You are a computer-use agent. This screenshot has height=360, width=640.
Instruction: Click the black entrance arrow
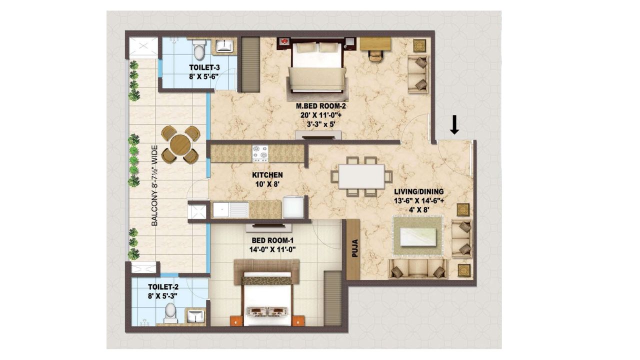click(x=454, y=125)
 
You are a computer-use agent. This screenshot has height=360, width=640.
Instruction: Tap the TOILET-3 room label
click(x=204, y=67)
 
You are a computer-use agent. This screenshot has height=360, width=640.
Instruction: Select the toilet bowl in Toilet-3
click(x=199, y=49)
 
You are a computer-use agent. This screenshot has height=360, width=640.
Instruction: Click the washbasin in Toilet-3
click(x=224, y=46)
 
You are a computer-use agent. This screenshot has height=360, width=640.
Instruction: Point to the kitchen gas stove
click(x=260, y=153)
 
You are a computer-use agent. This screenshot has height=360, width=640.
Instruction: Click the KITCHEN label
click(x=267, y=175)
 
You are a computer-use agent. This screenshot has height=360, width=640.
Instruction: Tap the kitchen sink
click(x=230, y=209)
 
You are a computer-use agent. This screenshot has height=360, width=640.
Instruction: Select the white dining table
click(x=361, y=176)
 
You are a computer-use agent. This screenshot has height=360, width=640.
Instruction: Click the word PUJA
click(x=355, y=248)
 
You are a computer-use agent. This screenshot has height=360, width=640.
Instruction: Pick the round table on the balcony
click(x=180, y=144)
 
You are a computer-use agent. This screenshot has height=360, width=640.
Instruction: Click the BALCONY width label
click(x=154, y=185)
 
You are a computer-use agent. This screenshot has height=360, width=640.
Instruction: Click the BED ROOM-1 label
click(x=272, y=240)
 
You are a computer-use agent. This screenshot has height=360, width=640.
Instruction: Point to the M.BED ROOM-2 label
click(x=320, y=106)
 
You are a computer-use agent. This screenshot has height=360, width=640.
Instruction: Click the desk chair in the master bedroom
click(x=375, y=55)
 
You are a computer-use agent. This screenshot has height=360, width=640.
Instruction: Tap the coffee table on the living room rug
click(x=418, y=236)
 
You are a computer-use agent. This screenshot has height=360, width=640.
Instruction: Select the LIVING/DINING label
click(x=419, y=191)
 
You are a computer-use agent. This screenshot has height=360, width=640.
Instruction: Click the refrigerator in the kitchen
click(x=293, y=207)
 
